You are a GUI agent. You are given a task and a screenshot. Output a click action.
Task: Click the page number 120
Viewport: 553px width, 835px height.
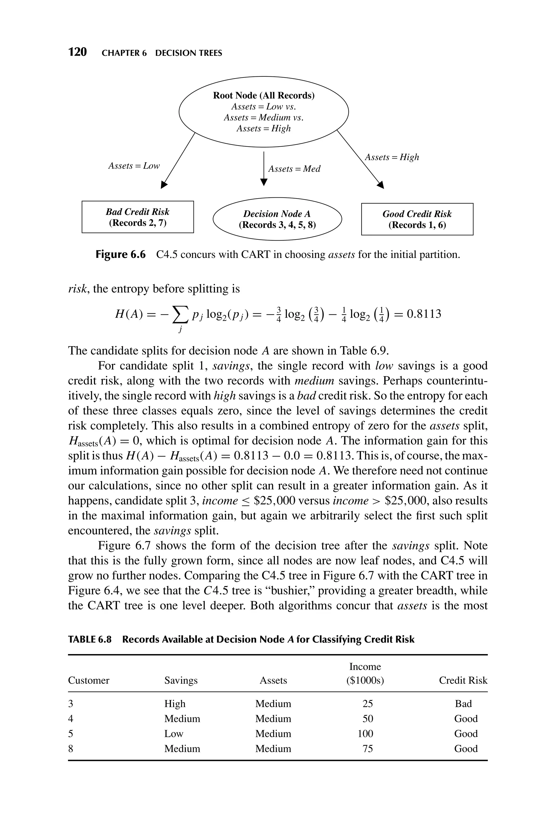click(x=77, y=52)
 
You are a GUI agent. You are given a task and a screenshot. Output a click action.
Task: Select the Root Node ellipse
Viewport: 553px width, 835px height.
click(x=264, y=112)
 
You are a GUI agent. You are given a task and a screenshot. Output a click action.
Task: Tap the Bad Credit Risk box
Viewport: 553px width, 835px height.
click(x=137, y=217)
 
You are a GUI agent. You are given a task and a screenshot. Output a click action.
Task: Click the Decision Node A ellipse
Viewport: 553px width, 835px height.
click(x=277, y=219)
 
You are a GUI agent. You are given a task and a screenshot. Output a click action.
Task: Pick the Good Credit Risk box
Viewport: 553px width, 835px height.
click(x=417, y=219)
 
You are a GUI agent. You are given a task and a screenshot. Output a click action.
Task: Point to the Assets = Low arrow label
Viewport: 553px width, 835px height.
click(x=134, y=166)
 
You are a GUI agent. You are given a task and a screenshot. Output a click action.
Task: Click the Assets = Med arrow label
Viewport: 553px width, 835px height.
click(x=294, y=169)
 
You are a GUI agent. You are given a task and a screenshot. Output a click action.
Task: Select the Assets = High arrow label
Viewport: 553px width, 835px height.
click(x=392, y=157)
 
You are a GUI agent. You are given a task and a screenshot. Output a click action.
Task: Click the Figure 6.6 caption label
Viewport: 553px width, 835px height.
click(x=120, y=255)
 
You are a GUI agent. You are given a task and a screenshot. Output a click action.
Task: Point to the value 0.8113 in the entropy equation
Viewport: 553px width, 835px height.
click(x=424, y=314)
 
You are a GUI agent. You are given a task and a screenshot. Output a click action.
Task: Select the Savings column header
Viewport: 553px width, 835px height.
click(x=181, y=680)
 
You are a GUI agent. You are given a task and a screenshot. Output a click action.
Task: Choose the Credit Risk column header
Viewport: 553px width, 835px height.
click(x=463, y=680)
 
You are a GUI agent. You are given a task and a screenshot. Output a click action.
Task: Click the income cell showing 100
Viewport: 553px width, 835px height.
click(x=365, y=734)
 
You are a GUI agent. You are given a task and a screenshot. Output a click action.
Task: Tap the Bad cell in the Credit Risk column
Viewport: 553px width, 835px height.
click(x=463, y=704)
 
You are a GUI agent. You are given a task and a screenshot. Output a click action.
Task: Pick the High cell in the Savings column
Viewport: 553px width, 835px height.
click(x=175, y=704)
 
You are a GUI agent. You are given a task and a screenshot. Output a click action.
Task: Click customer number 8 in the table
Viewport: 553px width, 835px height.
click(x=70, y=749)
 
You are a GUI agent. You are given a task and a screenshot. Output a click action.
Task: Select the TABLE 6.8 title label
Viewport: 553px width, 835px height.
click(x=90, y=639)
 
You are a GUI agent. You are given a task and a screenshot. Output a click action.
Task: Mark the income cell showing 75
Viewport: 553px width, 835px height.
click(x=367, y=749)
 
